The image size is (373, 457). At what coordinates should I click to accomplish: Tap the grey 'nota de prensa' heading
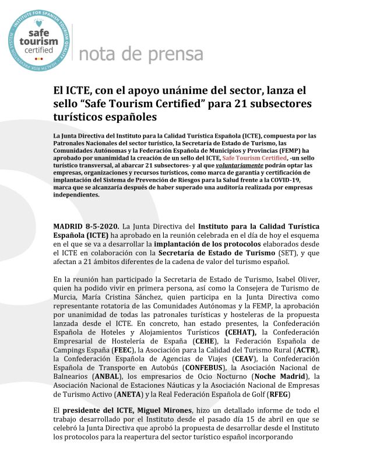point(140,54)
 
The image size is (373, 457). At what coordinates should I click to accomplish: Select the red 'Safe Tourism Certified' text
point(254,157)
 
